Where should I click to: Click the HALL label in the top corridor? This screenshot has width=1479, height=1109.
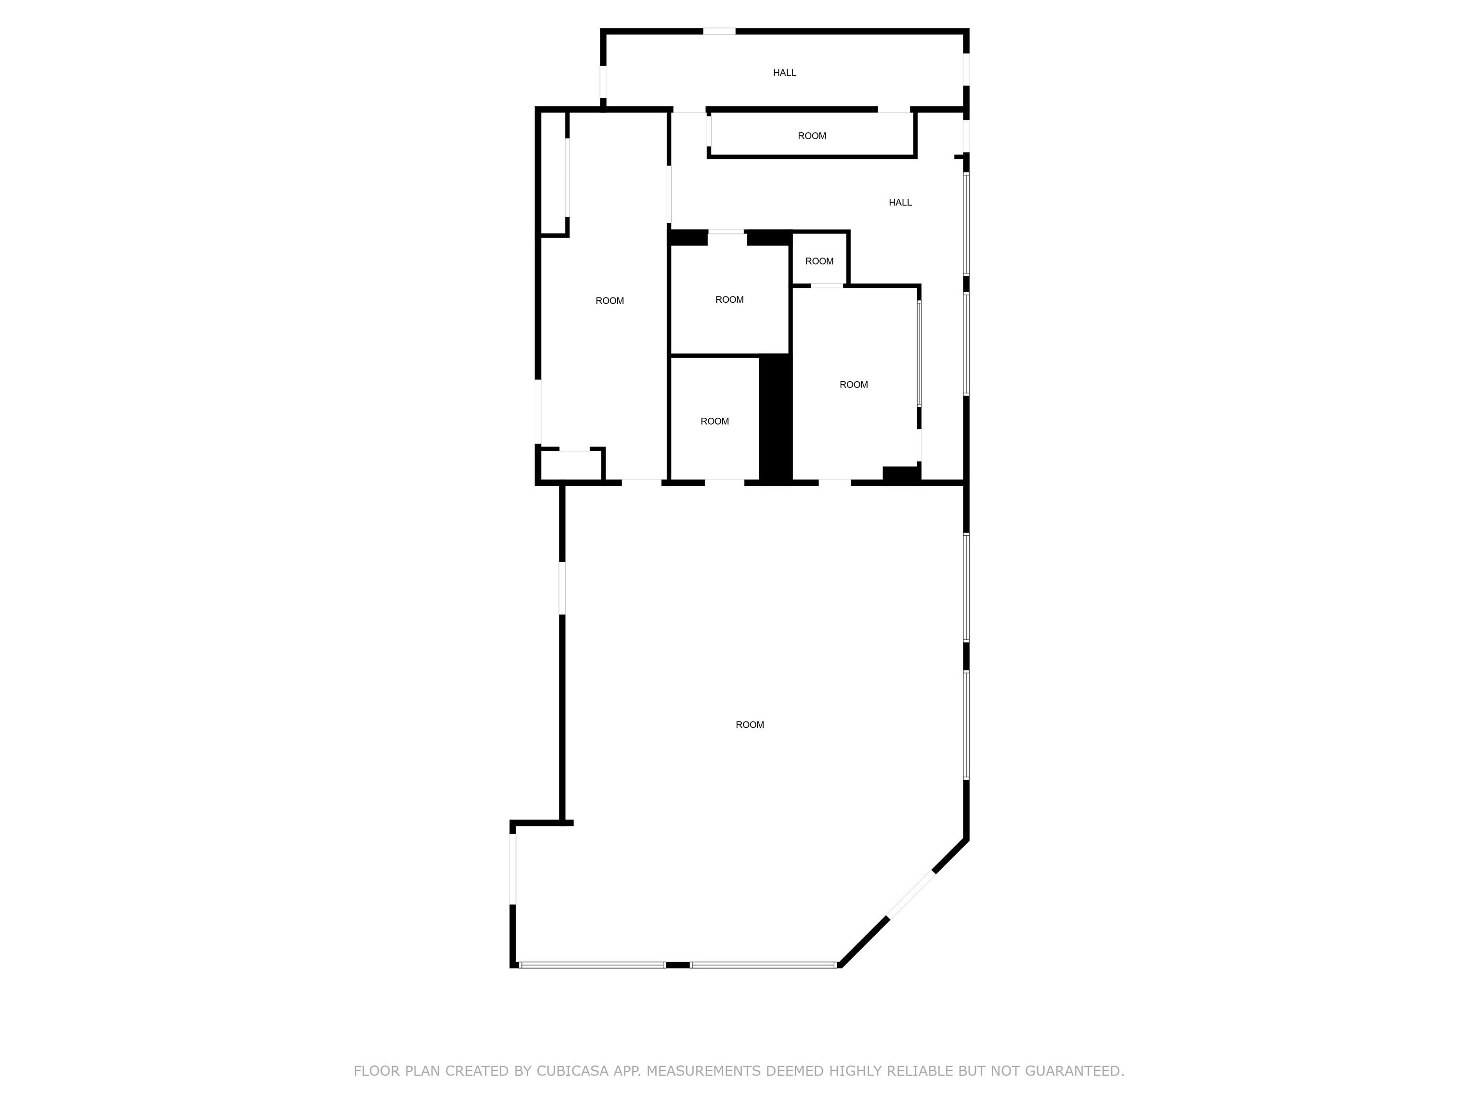784,73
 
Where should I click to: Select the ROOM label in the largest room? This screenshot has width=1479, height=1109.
750,724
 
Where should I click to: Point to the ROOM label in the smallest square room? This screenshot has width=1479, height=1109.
819,261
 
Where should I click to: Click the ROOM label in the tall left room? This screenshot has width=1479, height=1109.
610,301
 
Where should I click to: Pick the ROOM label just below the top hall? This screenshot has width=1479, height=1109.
812,136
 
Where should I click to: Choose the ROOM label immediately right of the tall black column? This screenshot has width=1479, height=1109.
854,385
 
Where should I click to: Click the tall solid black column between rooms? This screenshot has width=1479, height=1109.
776,418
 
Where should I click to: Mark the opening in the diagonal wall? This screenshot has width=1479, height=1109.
911,895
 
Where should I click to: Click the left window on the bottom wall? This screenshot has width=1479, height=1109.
592,965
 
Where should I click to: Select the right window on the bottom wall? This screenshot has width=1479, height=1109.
764,965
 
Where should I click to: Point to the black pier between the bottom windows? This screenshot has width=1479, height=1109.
678,965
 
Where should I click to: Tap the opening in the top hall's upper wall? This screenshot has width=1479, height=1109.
719,31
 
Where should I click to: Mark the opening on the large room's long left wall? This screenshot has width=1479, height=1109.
562,588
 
